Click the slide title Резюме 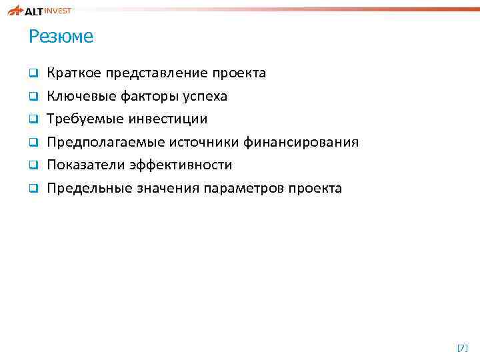pos(61,37)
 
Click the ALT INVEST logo pos(40,10)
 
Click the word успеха pos(206,97)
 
